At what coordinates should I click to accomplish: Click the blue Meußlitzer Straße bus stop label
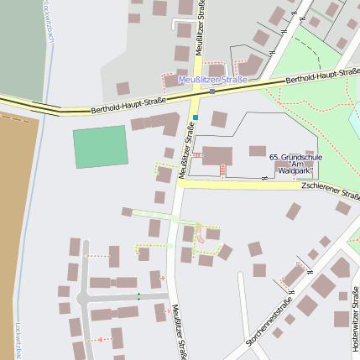point(212,81)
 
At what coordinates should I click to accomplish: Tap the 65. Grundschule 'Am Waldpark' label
point(291,164)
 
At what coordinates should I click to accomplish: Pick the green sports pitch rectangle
point(100,147)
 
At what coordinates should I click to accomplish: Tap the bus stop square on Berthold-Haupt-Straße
point(212,91)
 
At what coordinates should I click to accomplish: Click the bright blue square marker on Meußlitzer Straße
point(196,117)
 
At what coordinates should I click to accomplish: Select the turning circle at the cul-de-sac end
point(82,299)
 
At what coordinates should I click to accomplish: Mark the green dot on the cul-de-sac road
point(139,295)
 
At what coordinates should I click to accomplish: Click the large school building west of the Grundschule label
point(218,155)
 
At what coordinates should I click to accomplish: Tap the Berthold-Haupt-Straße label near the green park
point(321,77)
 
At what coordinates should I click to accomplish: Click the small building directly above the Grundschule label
point(257,151)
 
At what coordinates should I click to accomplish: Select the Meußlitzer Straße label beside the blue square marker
point(186,152)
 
